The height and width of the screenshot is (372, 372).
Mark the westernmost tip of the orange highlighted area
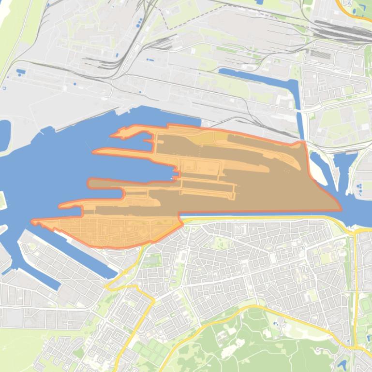32,222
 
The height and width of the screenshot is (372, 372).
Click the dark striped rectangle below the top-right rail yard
320,54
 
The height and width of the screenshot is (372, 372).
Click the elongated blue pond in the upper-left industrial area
21,72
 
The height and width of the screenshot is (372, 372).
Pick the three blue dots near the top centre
139,22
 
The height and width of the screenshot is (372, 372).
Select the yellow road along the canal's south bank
266,218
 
